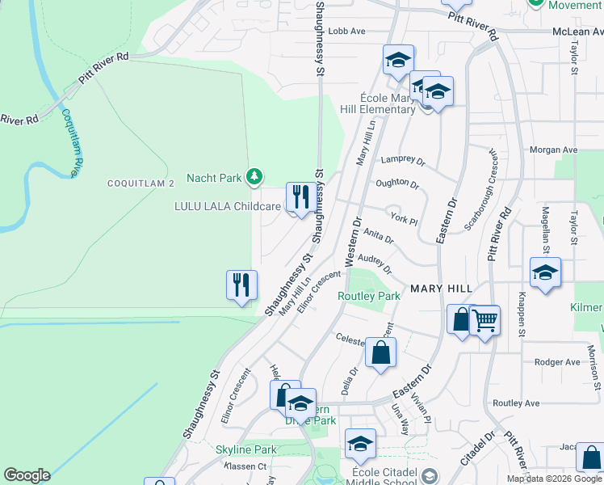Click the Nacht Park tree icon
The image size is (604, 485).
[254, 176]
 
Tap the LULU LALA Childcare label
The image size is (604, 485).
[228, 206]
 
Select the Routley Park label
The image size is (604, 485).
[368, 296]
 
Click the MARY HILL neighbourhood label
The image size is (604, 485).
[441, 288]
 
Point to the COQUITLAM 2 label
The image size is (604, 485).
[141, 183]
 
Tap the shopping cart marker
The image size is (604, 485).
[485, 322]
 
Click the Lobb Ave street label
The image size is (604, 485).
[348, 31]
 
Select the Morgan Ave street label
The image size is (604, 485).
[553, 150]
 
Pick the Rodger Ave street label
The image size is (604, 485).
[557, 362]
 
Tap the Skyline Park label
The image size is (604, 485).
[245, 449]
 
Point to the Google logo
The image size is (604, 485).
[27, 475]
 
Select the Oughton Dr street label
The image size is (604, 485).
[397, 184]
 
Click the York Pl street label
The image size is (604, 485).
[403, 220]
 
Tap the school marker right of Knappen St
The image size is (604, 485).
[545, 273]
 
